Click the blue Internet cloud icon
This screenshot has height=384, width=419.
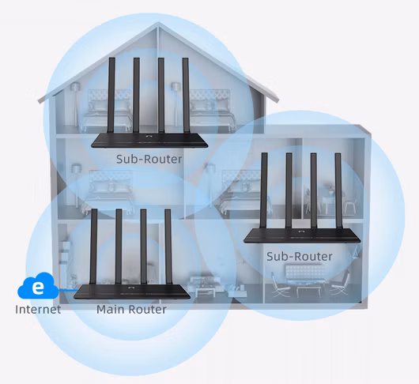click(38, 286)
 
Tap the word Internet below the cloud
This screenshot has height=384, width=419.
click(38, 310)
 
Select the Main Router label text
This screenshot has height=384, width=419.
click(131, 310)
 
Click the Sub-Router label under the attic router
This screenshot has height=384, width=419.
click(149, 159)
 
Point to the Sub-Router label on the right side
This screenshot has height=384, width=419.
click(300, 256)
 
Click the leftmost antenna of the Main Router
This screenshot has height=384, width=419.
click(93, 247)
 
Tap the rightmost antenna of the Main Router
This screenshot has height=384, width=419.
click(168, 247)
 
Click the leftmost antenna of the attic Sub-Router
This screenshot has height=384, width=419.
click(111, 95)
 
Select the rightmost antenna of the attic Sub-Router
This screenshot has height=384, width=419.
click(186, 95)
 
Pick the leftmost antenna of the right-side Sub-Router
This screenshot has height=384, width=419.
click(264, 190)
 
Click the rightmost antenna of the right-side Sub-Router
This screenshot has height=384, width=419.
click(338, 190)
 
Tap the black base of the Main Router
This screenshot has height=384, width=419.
click(132, 292)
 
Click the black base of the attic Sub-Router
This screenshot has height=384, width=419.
click(149, 140)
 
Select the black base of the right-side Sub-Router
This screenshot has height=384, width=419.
click(302, 235)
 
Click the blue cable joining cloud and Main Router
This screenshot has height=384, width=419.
click(68, 289)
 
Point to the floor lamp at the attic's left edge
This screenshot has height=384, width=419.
click(75, 104)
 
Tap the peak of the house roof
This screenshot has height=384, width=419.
click(158, 23)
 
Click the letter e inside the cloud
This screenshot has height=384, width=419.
click(38, 288)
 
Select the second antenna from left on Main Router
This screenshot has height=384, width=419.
click(119, 247)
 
